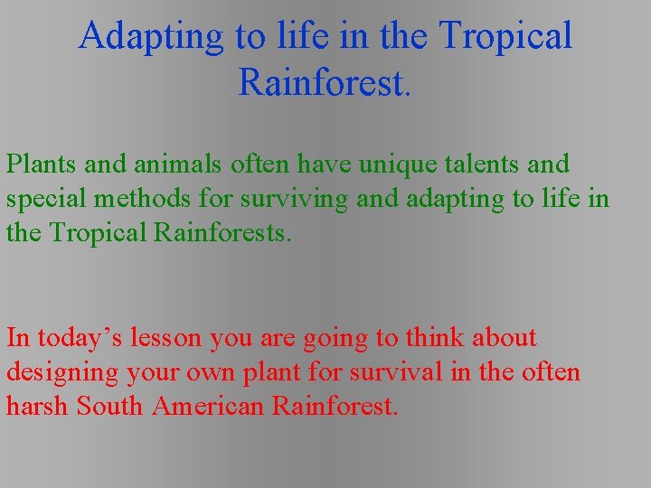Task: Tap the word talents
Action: click(x=486, y=164)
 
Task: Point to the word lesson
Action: click(x=172, y=338)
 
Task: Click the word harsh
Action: click(x=37, y=406)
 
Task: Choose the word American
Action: click(x=212, y=406)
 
